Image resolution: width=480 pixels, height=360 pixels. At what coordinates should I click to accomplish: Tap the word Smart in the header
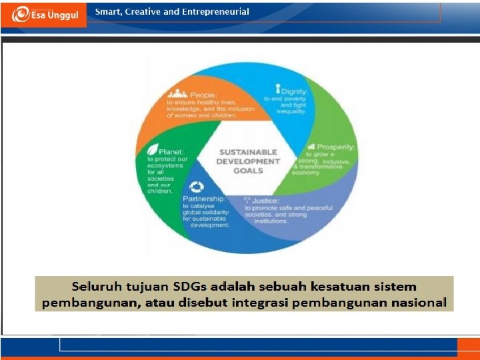108,11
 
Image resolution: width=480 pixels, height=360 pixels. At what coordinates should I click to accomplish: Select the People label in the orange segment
203,95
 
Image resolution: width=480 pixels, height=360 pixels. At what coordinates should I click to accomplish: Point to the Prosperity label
336,147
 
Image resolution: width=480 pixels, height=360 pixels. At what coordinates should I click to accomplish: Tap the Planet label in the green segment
170,151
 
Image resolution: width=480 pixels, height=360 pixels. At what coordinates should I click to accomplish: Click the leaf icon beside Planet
153,150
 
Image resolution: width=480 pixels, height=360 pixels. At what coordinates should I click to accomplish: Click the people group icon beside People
177,94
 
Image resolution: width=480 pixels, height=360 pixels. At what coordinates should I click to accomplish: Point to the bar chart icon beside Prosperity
311,146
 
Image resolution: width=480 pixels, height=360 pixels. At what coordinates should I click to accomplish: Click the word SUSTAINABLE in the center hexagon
248,152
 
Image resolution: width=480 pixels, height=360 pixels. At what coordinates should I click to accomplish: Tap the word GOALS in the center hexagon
248,171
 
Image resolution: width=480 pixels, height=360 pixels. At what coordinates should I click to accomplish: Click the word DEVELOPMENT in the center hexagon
248,161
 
